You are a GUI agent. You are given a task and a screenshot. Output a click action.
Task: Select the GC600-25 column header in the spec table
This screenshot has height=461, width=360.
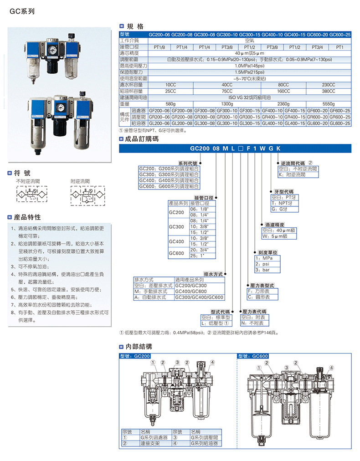(x=340, y=35)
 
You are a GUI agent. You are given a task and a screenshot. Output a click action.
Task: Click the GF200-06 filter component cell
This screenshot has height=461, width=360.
(x=159, y=111)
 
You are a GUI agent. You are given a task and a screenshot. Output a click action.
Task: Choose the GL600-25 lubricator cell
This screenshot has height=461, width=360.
(x=340, y=123)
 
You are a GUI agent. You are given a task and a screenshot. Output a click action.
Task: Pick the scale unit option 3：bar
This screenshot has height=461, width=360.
(x=262, y=270)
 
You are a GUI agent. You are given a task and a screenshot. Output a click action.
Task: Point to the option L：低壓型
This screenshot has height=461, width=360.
(x=216, y=323)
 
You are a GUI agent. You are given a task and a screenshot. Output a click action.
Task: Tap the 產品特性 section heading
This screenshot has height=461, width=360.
(x=28, y=217)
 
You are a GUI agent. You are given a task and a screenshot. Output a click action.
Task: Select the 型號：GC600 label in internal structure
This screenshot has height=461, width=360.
(x=253, y=356)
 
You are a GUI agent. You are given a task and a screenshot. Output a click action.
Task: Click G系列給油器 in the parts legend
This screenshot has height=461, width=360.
(x=204, y=442)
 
